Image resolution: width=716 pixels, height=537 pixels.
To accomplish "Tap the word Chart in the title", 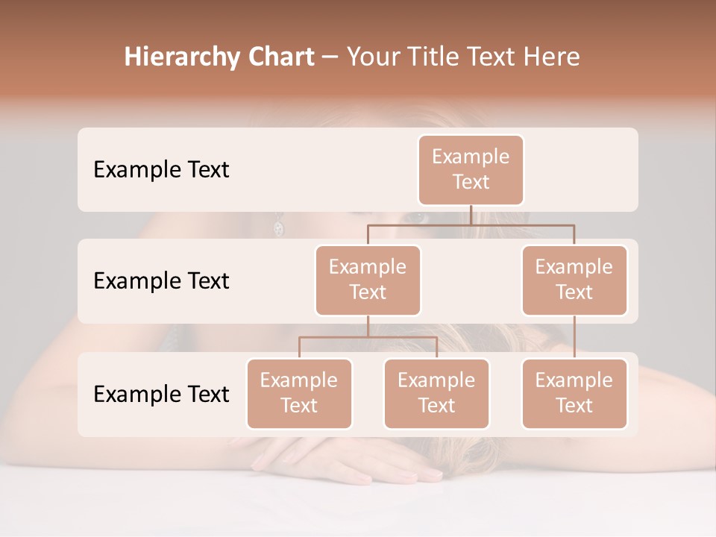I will pyautogui.click(x=277, y=57).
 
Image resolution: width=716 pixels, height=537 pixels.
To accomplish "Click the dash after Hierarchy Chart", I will pyautogui.click(x=330, y=58).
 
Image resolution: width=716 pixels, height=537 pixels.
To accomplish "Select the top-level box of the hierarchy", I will pyautogui.click(x=471, y=170).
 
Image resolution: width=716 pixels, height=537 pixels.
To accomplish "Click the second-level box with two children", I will pyautogui.click(x=368, y=280).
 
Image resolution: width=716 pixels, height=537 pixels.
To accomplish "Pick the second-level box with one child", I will pyautogui.click(x=574, y=280).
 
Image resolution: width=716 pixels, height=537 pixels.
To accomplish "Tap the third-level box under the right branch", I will pyautogui.click(x=574, y=394).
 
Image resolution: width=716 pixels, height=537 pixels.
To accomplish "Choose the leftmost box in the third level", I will pyautogui.click(x=299, y=394).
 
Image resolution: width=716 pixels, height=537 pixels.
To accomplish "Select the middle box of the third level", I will pyautogui.click(x=436, y=394).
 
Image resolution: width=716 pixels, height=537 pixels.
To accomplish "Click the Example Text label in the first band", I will pyautogui.click(x=161, y=170).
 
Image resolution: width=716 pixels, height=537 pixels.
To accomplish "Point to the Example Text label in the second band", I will pyautogui.click(x=161, y=281).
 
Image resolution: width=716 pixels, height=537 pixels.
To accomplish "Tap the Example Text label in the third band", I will pyautogui.click(x=161, y=394).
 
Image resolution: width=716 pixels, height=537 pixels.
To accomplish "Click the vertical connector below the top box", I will pyautogui.click(x=471, y=215).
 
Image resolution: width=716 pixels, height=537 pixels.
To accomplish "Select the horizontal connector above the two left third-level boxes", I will pyautogui.click(x=368, y=337).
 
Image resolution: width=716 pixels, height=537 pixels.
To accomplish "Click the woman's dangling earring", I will pyautogui.click(x=278, y=227).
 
